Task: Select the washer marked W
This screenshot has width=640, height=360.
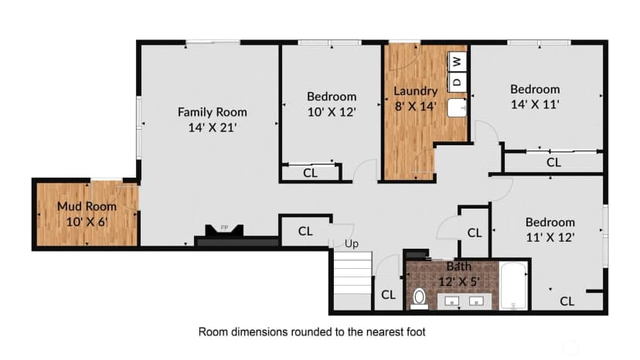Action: tap(458, 62)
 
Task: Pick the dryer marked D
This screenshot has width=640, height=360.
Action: tap(458, 82)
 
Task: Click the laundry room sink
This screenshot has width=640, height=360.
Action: tap(457, 107)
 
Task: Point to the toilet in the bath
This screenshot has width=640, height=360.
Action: tap(419, 298)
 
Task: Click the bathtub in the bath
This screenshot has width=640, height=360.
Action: tap(513, 286)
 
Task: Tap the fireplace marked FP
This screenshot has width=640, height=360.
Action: tap(224, 231)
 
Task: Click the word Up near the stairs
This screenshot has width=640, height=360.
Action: tap(352, 244)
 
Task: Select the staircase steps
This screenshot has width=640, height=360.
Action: tap(353, 273)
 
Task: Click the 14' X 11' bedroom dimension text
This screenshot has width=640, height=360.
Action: tap(535, 104)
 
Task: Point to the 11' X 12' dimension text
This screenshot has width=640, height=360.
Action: tap(550, 237)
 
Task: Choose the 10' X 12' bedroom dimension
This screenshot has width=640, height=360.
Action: tap(332, 112)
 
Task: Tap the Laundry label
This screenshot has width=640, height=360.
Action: tap(416, 91)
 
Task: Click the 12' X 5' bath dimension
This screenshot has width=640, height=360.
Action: tap(459, 282)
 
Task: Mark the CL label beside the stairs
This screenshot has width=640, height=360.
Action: tap(388, 294)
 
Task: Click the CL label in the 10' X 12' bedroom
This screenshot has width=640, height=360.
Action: tap(310, 173)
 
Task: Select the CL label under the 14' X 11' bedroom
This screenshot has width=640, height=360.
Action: tap(553, 162)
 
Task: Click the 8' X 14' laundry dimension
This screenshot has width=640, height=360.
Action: tap(416, 107)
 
